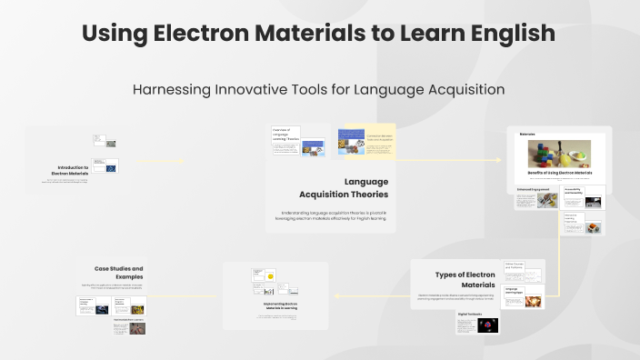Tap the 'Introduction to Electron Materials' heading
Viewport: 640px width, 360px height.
click(73, 170)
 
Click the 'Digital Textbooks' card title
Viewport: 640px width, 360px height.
click(469, 312)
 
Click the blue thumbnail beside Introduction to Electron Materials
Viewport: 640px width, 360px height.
click(111, 167)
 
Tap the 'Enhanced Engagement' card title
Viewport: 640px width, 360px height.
click(530, 189)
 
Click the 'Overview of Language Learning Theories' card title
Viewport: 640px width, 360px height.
click(286, 134)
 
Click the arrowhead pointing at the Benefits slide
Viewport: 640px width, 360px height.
click(503, 160)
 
